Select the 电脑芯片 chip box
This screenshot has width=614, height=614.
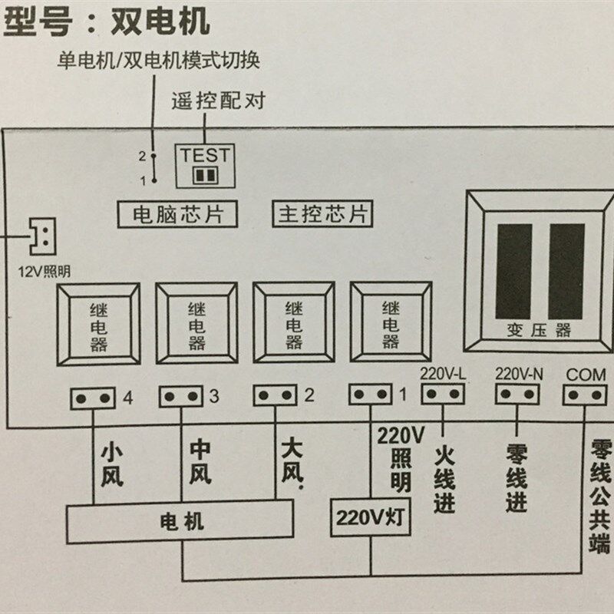pyautogui.click(x=176, y=213)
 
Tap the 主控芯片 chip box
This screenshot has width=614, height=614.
pyautogui.click(x=322, y=213)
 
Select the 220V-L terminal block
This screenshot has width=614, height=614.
pyautogui.click(x=444, y=394)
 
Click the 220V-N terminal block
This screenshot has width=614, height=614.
pyautogui.click(x=517, y=394)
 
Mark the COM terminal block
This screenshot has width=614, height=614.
pyautogui.click(x=585, y=394)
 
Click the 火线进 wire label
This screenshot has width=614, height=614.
pyautogui.click(x=444, y=480)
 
